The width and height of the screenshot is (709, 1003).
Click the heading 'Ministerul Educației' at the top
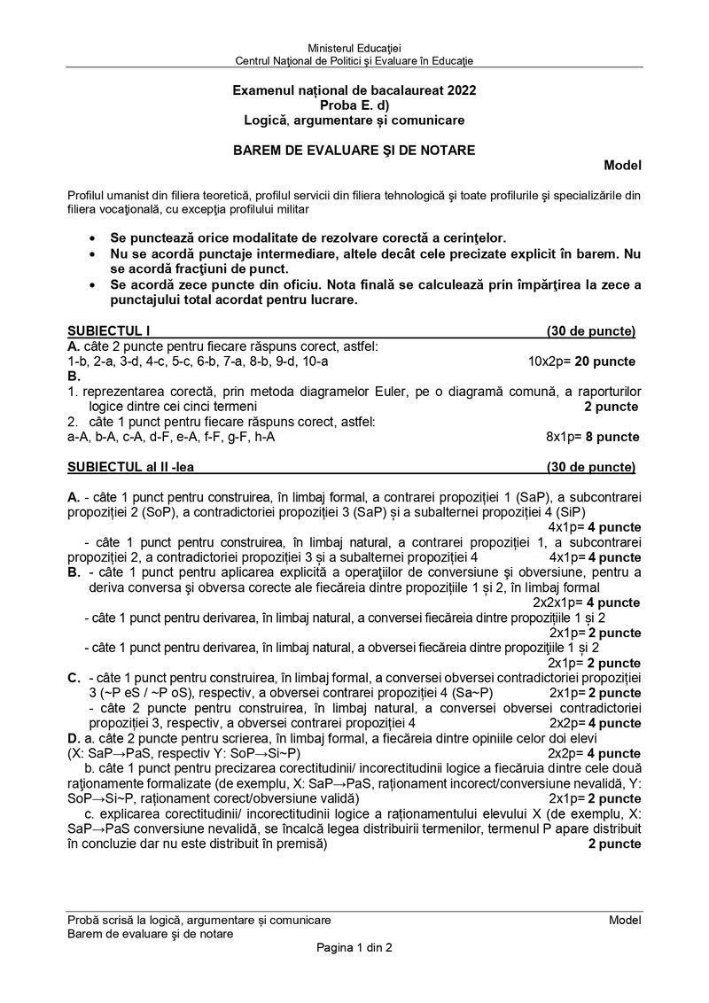pyautogui.click(x=354, y=46)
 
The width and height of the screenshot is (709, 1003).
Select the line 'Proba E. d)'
pyautogui.click(x=354, y=105)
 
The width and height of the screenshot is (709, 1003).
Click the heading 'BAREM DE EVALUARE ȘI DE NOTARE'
pyautogui.click(x=354, y=150)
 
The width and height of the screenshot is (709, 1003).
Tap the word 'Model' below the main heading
pyautogui.click(x=622, y=165)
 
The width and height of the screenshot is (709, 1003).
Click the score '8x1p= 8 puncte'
pyautogui.click(x=592, y=437)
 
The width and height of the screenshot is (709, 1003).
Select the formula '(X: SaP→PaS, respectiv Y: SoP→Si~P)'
pyautogui.click(x=197, y=753)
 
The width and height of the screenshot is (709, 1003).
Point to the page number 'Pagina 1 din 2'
pyautogui.click(x=354, y=947)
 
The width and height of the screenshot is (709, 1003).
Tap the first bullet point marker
pyautogui.click(x=94, y=239)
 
